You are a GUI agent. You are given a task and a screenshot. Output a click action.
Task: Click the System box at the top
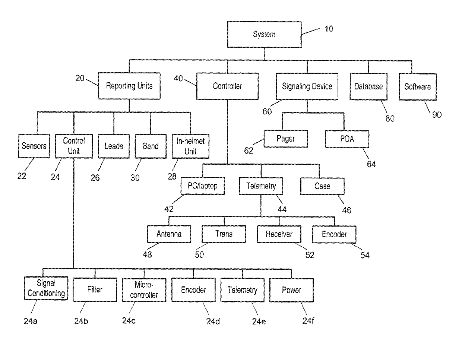[264, 35]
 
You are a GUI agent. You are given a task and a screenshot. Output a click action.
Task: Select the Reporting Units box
[129, 86]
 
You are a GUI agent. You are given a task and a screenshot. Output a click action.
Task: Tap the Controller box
[227, 86]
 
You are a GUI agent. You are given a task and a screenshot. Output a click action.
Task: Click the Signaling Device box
[307, 86]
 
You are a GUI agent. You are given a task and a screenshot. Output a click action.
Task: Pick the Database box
[368, 86]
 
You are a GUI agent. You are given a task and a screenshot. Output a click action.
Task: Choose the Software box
[417, 86]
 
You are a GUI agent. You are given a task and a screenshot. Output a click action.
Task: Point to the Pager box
[286, 139]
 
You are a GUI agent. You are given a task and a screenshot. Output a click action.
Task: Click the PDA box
[347, 139]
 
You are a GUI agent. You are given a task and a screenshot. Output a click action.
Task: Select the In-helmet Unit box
[190, 146]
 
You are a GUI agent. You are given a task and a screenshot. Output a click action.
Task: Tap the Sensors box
[34, 146]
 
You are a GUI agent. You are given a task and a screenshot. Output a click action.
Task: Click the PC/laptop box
[203, 186]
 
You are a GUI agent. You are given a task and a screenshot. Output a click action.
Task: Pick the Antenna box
[169, 234]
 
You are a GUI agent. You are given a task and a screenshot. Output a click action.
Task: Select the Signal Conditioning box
[46, 289]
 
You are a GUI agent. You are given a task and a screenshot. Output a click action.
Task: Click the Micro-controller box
[144, 290]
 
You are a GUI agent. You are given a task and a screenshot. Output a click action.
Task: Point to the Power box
[291, 290]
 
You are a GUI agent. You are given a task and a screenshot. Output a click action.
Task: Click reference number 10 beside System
[329, 29]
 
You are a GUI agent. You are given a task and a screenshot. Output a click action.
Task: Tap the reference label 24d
[213, 321]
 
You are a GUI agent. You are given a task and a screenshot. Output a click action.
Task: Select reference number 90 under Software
[437, 114]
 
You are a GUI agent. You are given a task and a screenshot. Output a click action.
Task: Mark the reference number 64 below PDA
[371, 164]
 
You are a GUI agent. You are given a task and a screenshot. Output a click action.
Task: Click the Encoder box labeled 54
[334, 234]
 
